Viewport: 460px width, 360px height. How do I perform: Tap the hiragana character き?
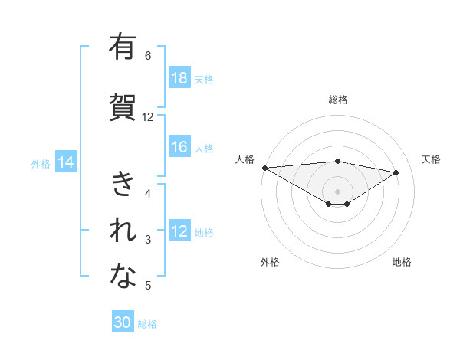coord(123,185)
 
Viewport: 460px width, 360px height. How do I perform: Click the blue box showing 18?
coord(179,79)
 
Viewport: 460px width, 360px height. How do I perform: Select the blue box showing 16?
coord(179,148)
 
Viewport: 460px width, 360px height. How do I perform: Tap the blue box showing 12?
coord(179,232)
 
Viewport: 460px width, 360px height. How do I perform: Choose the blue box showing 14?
coord(65,162)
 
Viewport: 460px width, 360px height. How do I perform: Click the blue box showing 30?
coord(123,322)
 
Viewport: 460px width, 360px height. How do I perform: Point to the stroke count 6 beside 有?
coord(148,55)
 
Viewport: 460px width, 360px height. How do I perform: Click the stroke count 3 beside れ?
coord(148,240)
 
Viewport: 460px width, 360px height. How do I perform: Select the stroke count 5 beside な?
coord(148,286)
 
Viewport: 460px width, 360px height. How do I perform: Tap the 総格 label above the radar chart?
coord(337,100)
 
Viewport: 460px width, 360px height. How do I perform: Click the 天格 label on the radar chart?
coord(432,159)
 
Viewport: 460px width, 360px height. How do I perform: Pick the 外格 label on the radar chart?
coord(269,262)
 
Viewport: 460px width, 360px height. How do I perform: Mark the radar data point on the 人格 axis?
coord(264,168)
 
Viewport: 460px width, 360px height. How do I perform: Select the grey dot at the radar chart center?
coord(337,191)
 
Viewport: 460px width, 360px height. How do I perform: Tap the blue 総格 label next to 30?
coord(147,324)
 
